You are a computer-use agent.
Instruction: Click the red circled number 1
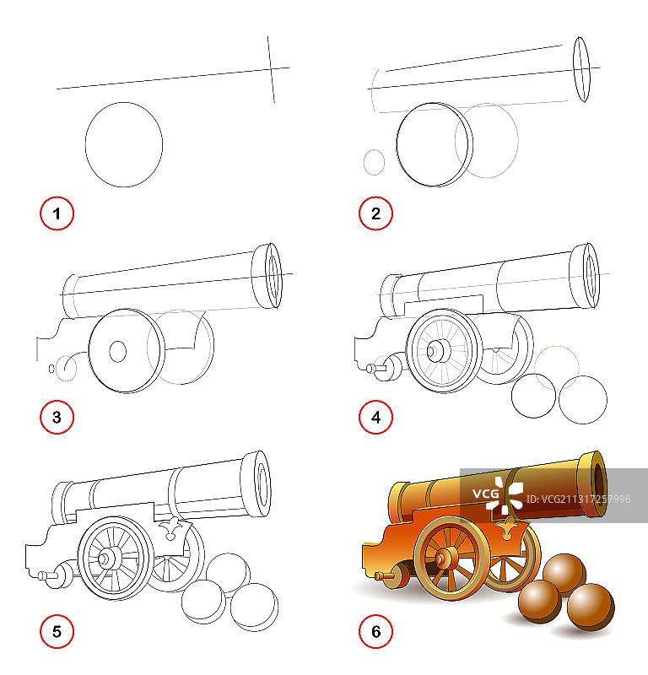tap(57, 213)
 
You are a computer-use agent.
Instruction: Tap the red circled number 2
tap(375, 213)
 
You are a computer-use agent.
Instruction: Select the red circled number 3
tap(57, 417)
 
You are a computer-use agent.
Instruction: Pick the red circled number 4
tap(375, 417)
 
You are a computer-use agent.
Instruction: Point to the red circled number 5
tap(57, 631)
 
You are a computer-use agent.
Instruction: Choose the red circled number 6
tap(375, 631)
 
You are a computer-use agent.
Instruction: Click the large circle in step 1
tap(86, 144)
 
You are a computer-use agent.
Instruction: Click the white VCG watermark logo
tap(498, 494)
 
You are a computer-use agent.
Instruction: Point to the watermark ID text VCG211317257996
tap(578, 499)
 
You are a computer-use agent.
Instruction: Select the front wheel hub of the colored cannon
tap(441, 559)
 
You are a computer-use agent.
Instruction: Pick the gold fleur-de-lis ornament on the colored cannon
tap(508, 529)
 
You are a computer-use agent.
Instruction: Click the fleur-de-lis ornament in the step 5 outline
tap(171, 529)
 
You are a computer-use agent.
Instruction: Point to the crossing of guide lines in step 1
tap(271, 69)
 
